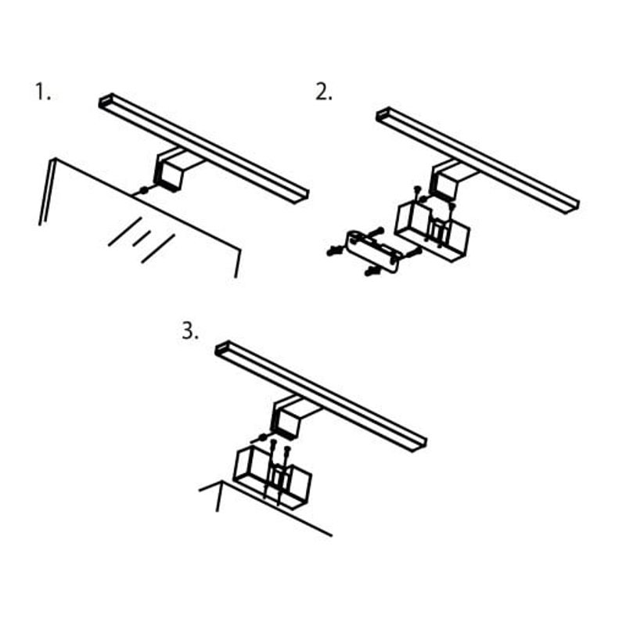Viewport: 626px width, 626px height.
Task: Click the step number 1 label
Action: [43, 92]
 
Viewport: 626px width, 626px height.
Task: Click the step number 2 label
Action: [323, 92]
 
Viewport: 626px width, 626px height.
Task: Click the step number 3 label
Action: [189, 331]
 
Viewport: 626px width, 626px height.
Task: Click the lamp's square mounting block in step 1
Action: [168, 174]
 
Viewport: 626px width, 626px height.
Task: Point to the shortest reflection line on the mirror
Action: [142, 239]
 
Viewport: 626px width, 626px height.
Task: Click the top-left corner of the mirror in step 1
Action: [54, 160]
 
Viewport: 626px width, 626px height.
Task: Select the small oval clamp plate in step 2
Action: [373, 250]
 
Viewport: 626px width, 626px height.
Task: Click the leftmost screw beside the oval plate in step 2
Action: [335, 250]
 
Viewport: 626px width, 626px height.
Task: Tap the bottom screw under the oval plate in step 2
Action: [372, 272]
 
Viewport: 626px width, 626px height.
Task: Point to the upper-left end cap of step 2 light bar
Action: [384, 114]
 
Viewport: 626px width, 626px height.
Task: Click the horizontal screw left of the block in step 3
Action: [259, 438]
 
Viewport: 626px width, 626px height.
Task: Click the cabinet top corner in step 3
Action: [221, 481]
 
